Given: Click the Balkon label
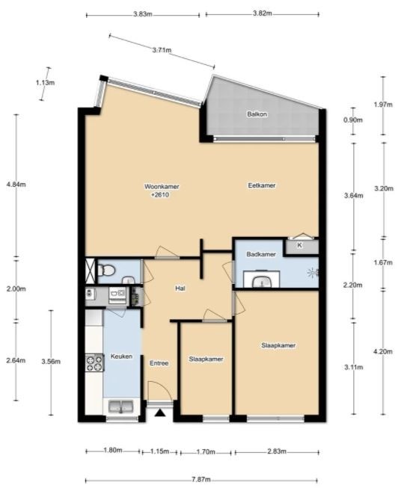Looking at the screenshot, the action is pyautogui.click(x=257, y=114).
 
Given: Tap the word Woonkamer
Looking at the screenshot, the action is pyautogui.click(x=162, y=187).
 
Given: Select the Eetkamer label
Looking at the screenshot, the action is pyautogui.click(x=262, y=185).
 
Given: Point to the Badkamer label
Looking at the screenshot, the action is pyautogui.click(x=261, y=254).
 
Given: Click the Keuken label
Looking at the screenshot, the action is pyautogui.click(x=121, y=356).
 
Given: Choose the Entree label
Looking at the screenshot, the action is pyautogui.click(x=159, y=363).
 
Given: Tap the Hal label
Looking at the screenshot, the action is pyautogui.click(x=180, y=288).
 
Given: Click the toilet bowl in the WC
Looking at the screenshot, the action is pyautogui.click(x=106, y=270).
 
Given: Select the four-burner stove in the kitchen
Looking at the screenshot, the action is pyautogui.click(x=94, y=363).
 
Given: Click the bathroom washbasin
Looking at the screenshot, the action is pyautogui.click(x=261, y=280).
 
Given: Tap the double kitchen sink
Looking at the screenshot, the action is pyautogui.click(x=121, y=406).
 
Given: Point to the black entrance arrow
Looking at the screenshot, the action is pyautogui.click(x=160, y=413).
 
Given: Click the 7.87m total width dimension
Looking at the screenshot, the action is pyautogui.click(x=201, y=480).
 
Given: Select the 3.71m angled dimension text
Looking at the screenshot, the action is pyautogui.click(x=162, y=50).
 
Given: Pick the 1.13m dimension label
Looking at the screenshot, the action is pyautogui.click(x=45, y=83).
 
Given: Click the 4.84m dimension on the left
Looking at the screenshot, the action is pyautogui.click(x=16, y=185).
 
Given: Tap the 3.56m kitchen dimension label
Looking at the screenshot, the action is pyautogui.click(x=51, y=362).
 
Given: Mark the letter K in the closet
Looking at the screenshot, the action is pyautogui.click(x=299, y=245).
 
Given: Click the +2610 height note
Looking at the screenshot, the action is pyautogui.click(x=160, y=195).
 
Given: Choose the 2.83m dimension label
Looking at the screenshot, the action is pyautogui.click(x=277, y=451).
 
